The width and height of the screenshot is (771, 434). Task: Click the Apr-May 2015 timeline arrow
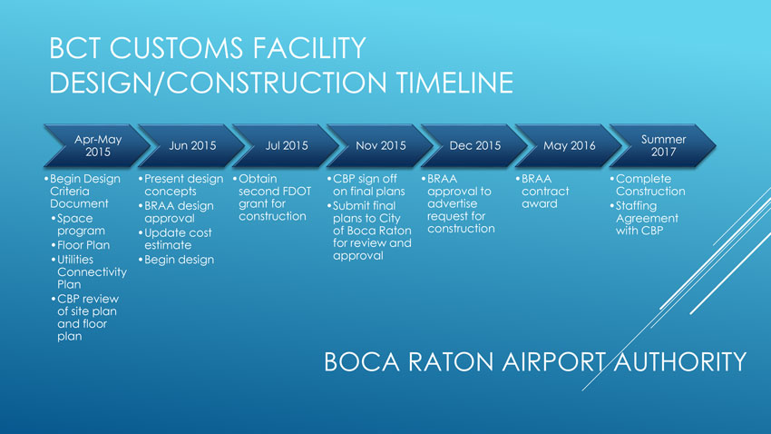point(97,145)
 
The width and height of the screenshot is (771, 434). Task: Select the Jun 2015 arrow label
point(192,145)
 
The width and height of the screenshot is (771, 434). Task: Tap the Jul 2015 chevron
point(287,145)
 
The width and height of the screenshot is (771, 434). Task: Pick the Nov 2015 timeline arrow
point(381,145)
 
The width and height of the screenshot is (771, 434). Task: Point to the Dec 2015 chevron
point(475,145)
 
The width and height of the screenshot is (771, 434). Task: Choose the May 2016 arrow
point(570,145)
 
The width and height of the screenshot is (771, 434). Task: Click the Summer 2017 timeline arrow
point(663,145)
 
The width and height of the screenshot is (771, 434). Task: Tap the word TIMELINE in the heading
point(454,83)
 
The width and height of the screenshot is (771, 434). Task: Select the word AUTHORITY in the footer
point(680,361)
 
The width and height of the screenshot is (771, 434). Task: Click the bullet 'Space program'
point(78,224)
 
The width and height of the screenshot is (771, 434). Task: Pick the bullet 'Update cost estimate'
point(175,239)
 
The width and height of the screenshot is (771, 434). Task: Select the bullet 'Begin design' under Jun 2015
point(176,260)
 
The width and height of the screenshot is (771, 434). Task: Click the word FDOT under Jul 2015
point(296,192)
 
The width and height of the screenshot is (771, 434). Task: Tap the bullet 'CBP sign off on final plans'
point(366,185)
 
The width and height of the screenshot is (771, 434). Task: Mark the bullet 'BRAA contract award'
point(542,192)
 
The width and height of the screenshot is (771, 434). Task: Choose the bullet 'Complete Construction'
point(648,185)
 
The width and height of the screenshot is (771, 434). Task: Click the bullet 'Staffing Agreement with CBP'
point(644,218)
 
